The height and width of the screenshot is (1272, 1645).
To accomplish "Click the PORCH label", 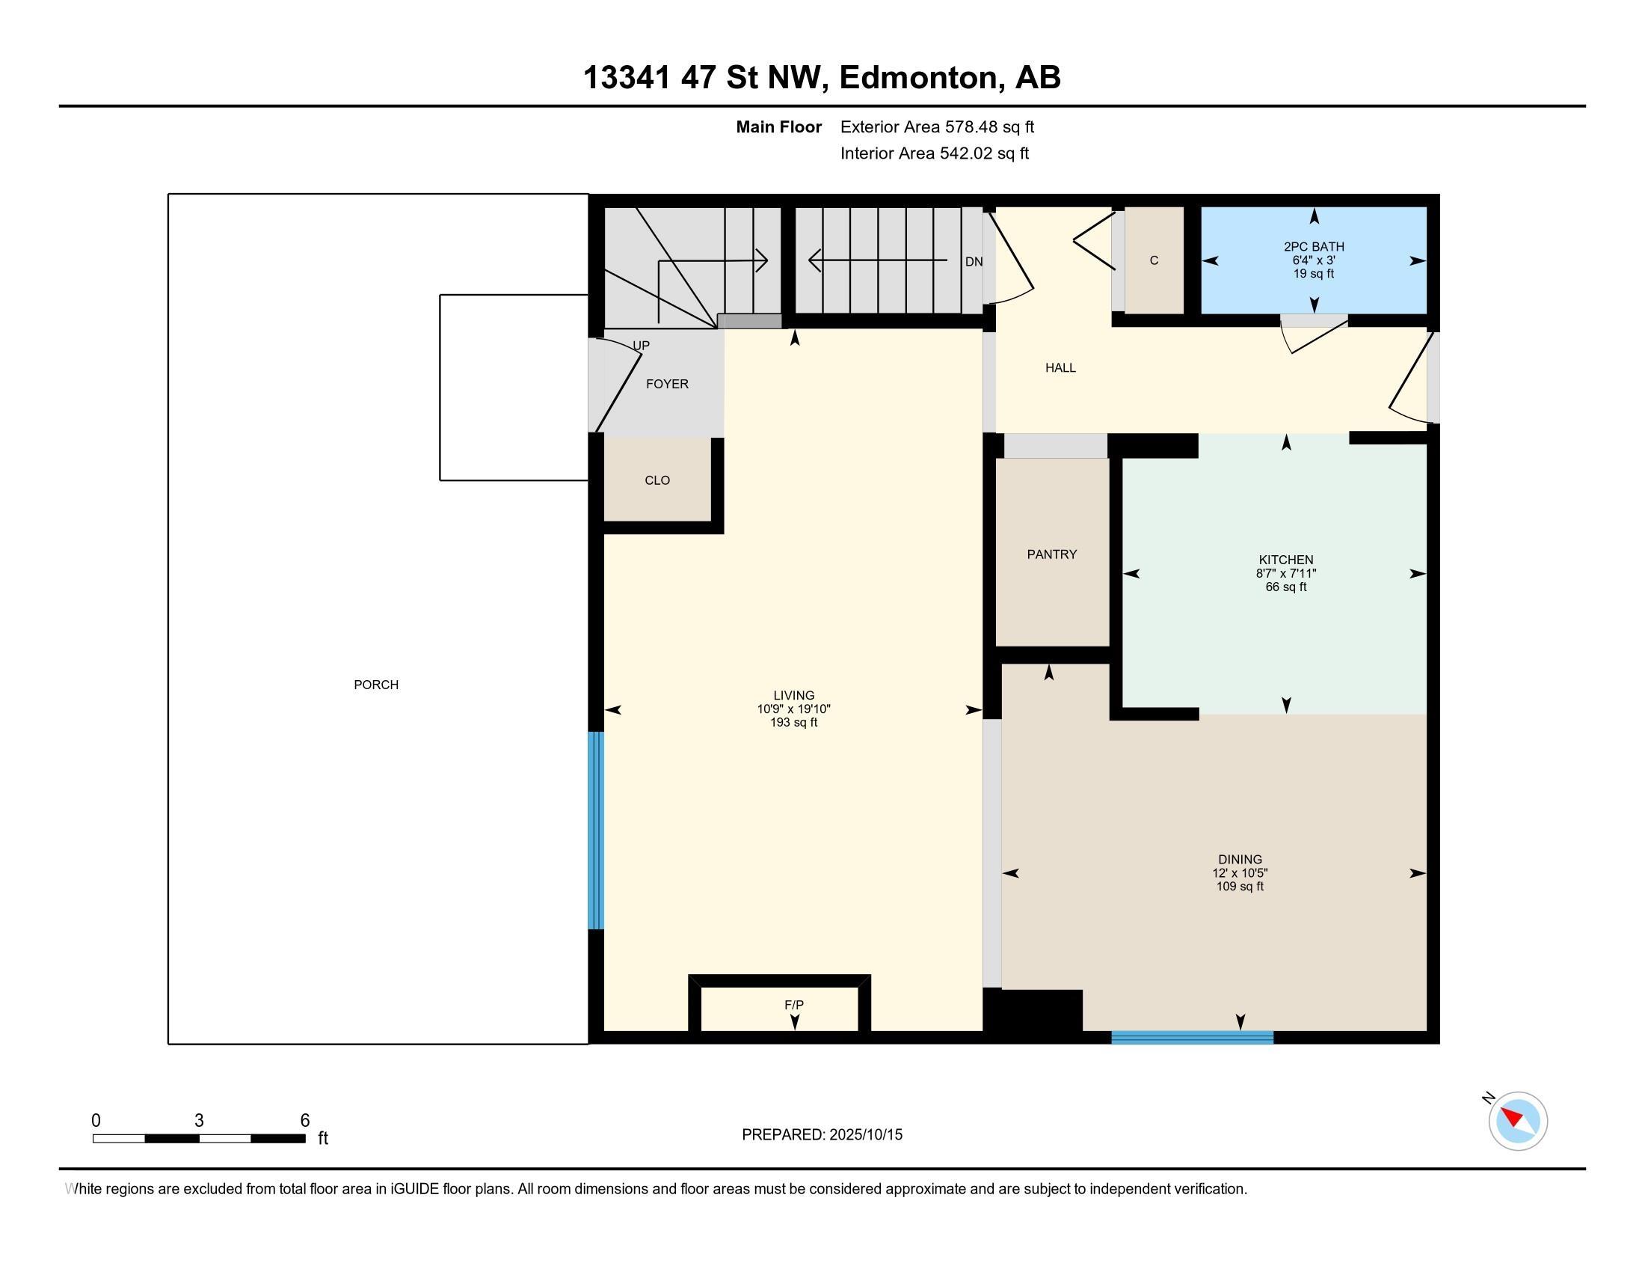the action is pyautogui.click(x=376, y=685).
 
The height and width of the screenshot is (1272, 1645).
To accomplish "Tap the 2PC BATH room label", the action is pyautogui.click(x=1314, y=246).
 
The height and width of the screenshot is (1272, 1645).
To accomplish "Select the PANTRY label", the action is pyautogui.click(x=1051, y=554).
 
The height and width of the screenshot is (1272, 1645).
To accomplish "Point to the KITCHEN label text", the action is pyautogui.click(x=1286, y=560).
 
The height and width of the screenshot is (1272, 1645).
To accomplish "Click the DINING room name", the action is pyautogui.click(x=1240, y=859).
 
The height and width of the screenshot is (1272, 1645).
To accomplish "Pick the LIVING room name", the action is pyautogui.click(x=794, y=696).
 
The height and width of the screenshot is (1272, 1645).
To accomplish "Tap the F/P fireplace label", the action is pyautogui.click(x=794, y=1004).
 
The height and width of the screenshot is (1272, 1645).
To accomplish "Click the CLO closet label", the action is pyautogui.click(x=657, y=480).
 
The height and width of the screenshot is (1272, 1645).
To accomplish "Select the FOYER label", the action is pyautogui.click(x=666, y=384).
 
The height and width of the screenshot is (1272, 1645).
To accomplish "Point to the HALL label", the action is pyautogui.click(x=1060, y=367).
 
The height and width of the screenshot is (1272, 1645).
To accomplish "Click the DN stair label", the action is pyautogui.click(x=973, y=261).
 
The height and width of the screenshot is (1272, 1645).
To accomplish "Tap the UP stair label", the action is pyautogui.click(x=641, y=346).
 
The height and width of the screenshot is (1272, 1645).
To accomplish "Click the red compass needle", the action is pyautogui.click(x=1512, y=1116).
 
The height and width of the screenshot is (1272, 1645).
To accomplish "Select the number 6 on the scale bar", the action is pyautogui.click(x=305, y=1121).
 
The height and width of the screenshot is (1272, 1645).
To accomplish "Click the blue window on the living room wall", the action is pyautogui.click(x=596, y=831).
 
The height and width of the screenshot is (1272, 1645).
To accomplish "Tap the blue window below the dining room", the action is pyautogui.click(x=1193, y=1038).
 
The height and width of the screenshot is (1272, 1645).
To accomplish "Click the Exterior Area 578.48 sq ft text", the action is pyautogui.click(x=937, y=127).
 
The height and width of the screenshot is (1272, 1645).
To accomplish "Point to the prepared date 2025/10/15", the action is pyautogui.click(x=865, y=1135).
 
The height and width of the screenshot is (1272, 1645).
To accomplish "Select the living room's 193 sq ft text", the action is pyautogui.click(x=794, y=723).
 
